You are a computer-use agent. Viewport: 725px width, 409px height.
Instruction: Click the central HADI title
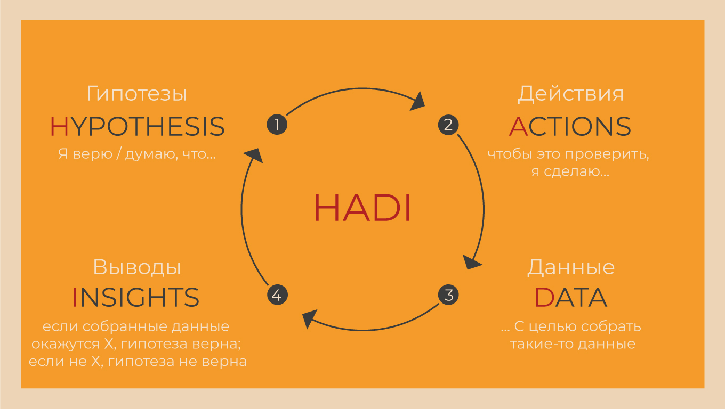point(362,208)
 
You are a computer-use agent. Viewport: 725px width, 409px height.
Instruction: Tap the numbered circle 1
point(277,125)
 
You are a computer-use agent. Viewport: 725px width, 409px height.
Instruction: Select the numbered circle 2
point(448,125)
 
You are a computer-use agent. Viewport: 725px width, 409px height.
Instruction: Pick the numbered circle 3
point(448,295)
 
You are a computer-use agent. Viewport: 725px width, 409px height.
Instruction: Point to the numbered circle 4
point(277,295)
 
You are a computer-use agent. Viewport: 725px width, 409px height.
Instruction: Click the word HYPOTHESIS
point(137,127)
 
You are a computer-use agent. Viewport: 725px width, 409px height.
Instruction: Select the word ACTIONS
point(570,127)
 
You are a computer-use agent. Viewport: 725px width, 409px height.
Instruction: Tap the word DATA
point(570,298)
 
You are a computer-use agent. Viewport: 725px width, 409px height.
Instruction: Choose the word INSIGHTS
point(135,298)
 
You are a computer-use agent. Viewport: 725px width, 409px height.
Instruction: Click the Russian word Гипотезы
point(137,94)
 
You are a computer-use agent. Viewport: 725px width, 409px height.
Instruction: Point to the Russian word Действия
point(570,94)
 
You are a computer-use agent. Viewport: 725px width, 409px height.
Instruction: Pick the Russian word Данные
point(570,267)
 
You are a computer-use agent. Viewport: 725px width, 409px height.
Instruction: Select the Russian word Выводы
point(137,267)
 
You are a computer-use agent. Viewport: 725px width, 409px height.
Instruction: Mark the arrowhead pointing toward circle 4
point(308,320)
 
